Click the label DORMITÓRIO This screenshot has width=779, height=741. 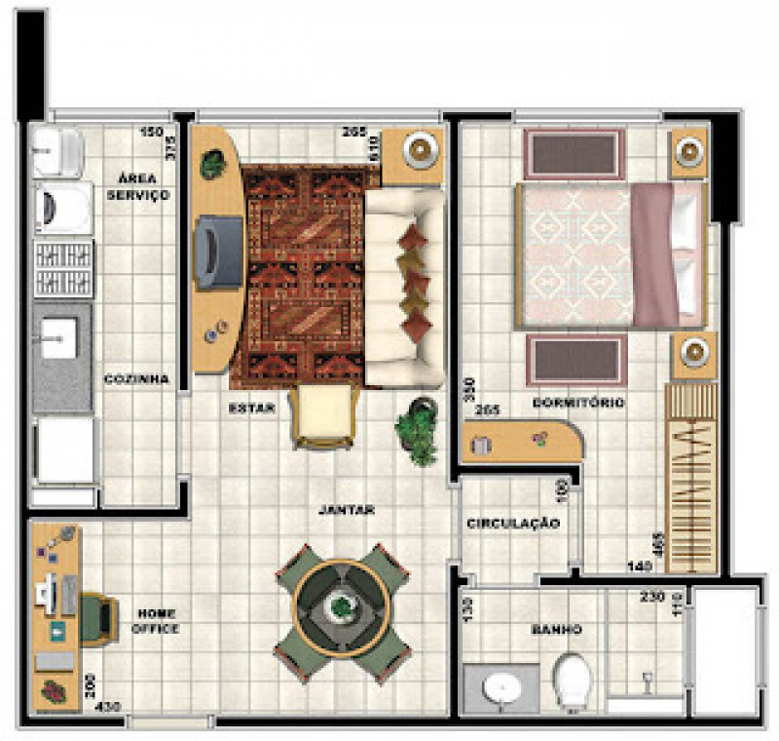(x=578, y=403)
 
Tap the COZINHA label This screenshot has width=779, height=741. (x=136, y=379)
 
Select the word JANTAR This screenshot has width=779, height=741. (x=347, y=510)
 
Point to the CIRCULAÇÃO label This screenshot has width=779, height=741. (x=513, y=524)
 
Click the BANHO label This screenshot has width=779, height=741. (x=558, y=630)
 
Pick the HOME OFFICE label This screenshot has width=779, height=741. (x=156, y=621)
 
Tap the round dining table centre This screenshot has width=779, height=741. (x=340, y=606)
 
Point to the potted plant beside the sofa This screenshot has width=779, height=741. (x=416, y=429)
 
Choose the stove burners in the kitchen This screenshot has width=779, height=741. (x=64, y=268)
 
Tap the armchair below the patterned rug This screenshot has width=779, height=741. (x=323, y=415)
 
